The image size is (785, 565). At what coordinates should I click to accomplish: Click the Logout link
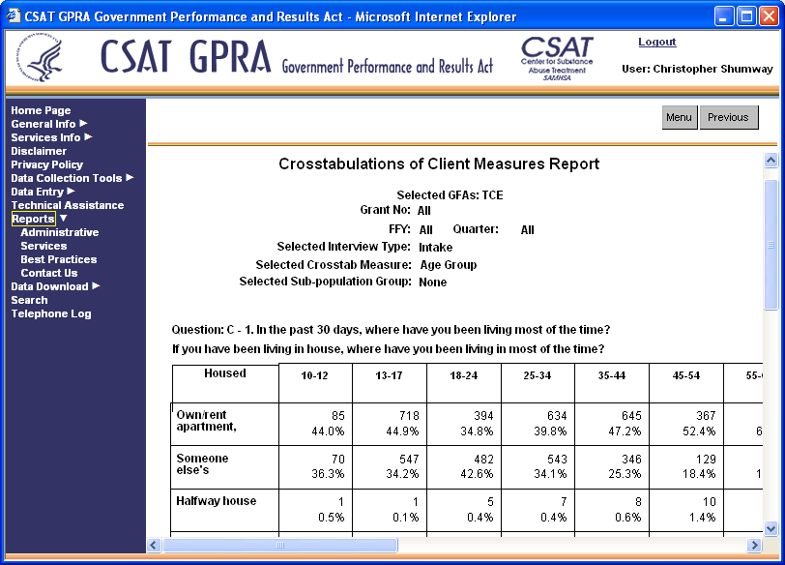tap(656, 43)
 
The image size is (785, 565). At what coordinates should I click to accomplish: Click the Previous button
tap(728, 117)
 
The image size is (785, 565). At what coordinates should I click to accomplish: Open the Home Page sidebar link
tap(41, 110)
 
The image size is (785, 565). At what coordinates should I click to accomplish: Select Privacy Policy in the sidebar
tap(46, 164)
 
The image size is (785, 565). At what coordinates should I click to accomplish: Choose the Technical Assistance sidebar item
tap(67, 205)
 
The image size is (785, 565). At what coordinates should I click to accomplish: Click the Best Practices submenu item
tap(58, 259)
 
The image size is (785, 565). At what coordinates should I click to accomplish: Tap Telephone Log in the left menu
tap(50, 313)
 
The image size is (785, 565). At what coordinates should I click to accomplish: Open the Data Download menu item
tap(49, 286)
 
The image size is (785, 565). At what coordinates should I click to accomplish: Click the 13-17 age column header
tap(389, 375)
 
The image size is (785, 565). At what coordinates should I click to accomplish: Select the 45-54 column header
tap(685, 375)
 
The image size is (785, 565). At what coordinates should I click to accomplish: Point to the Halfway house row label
tap(216, 501)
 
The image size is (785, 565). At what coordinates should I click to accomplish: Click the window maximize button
tap(746, 16)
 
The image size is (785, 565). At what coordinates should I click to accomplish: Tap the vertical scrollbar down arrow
tap(770, 528)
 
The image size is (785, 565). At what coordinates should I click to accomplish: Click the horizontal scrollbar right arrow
tap(754, 546)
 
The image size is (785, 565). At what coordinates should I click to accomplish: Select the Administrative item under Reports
tap(59, 232)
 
